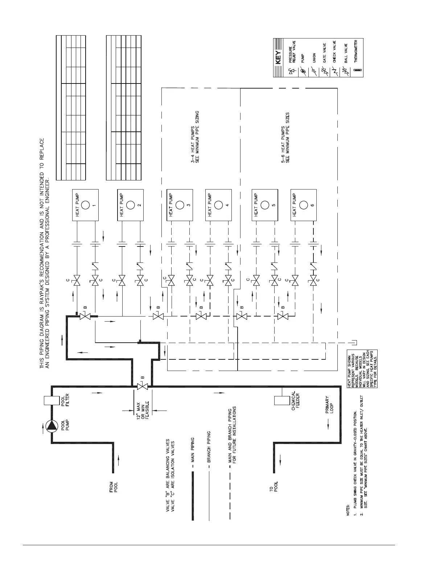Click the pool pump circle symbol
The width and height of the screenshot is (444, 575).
click(x=52, y=426)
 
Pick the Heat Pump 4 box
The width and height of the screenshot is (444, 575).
click(x=218, y=205)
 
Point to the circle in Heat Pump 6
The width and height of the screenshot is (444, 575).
click(x=304, y=205)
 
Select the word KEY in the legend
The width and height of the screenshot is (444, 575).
click(x=279, y=57)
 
